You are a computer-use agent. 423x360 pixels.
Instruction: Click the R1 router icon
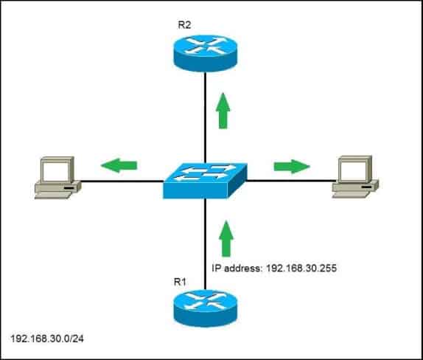[x=204, y=309]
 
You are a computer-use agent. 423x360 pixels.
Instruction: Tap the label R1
[x=181, y=282]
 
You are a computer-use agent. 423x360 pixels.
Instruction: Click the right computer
[x=354, y=177]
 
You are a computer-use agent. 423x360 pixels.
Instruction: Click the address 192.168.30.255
[x=293, y=269]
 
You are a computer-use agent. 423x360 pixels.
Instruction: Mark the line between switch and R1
[x=205, y=243]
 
